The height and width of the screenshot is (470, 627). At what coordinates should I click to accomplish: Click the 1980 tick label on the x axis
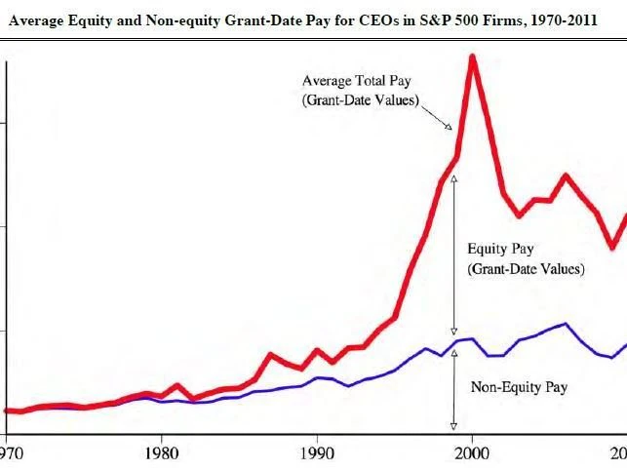coord(161,453)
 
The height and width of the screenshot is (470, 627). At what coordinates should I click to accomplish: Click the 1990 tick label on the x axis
coord(317,453)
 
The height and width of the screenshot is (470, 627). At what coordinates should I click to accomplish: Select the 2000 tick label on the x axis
coord(473,453)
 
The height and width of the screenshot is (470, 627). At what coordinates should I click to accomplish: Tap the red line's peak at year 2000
coord(473,57)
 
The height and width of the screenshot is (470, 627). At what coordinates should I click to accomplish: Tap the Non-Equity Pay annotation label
coord(519,387)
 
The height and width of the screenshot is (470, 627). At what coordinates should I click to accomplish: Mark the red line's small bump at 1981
coord(176,386)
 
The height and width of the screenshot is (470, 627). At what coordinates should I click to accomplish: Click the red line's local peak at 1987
coord(270,354)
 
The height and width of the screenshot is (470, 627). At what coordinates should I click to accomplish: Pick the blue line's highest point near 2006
coord(567,324)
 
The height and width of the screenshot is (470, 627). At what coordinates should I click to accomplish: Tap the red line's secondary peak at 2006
coord(567,176)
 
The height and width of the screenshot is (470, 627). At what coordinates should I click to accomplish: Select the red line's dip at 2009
coord(612,248)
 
